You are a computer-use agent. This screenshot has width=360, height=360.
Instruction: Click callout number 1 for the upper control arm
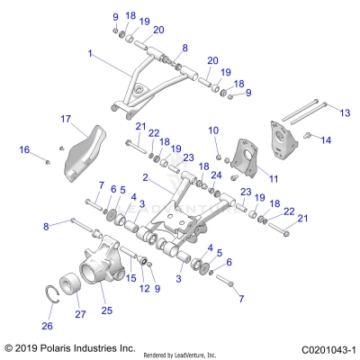click(x=90, y=54)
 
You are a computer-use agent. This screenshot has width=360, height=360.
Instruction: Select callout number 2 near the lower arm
click(x=144, y=178)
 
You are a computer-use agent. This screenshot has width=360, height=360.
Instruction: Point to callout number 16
click(x=24, y=149)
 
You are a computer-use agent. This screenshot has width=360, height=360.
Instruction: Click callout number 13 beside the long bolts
click(x=344, y=112)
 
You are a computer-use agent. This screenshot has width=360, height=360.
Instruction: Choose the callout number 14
click(x=326, y=140)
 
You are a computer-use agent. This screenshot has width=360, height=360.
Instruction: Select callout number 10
click(x=213, y=131)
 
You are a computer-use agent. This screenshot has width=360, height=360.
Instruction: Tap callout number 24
click(x=216, y=175)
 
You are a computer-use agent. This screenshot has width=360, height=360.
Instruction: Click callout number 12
click(x=145, y=288)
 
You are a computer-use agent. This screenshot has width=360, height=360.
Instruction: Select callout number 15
click(x=133, y=277)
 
